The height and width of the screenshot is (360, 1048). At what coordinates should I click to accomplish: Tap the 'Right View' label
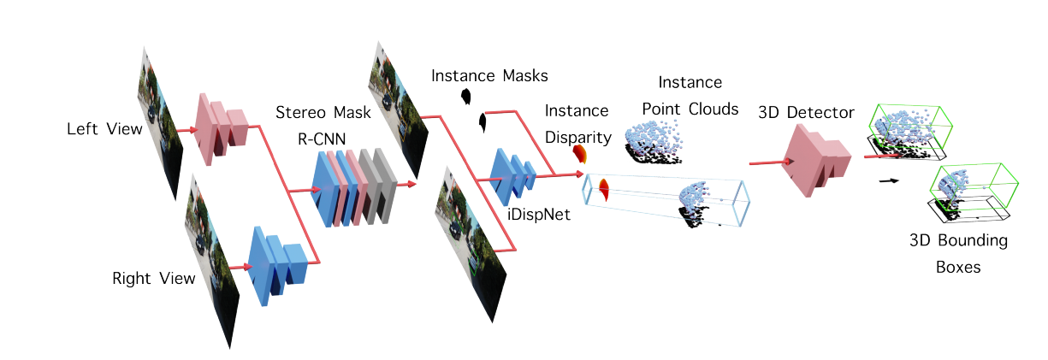[154, 279]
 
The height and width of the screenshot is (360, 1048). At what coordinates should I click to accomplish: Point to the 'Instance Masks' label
[489, 75]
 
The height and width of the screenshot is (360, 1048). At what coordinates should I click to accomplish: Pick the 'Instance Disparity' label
[577, 123]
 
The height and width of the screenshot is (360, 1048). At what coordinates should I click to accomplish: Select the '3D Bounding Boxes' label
[958, 253]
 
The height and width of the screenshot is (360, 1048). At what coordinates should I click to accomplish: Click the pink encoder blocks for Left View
[222, 125]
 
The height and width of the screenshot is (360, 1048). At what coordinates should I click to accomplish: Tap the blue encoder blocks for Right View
[276, 260]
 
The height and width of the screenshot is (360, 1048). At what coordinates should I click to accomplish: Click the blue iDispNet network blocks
[512, 176]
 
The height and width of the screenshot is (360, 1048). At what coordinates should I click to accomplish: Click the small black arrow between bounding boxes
[891, 181]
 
